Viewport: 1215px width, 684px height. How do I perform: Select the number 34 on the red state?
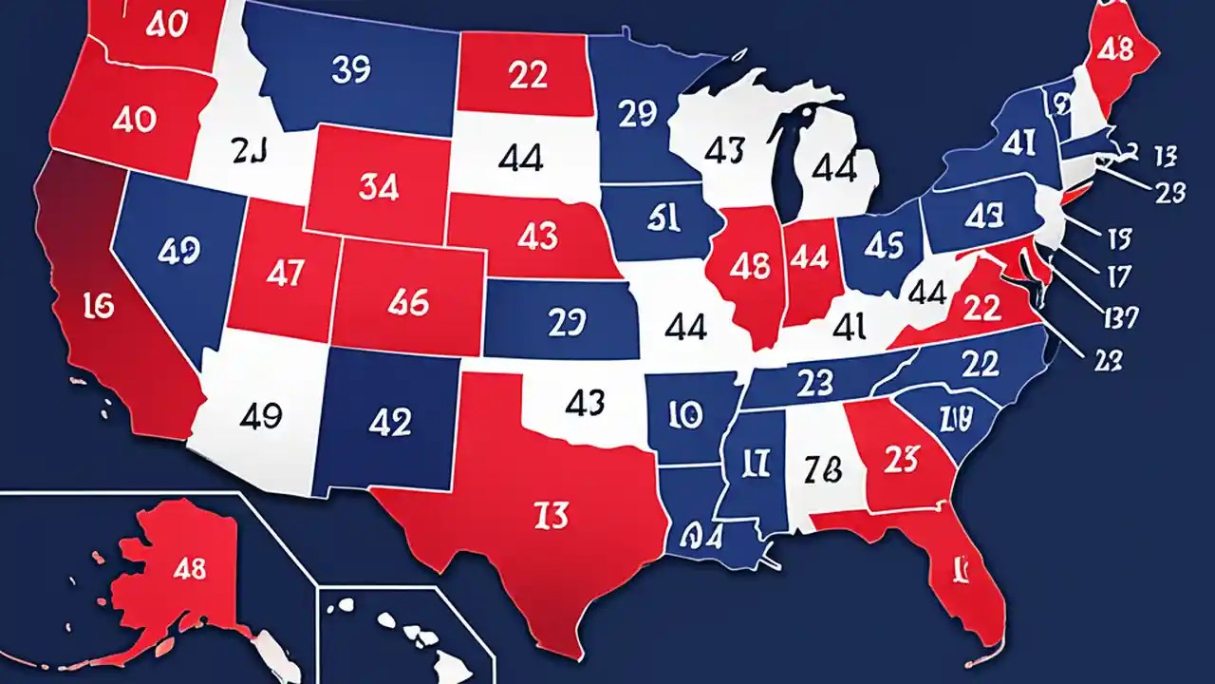[379, 187]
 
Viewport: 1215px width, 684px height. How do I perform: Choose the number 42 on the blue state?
[390, 421]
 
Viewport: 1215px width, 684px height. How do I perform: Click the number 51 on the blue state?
[661, 218]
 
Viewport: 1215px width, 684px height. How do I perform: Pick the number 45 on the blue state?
[883, 244]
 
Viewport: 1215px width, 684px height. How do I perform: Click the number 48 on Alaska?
[188, 570]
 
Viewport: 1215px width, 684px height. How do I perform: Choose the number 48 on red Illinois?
[749, 268]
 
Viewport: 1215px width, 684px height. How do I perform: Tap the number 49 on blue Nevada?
[178, 250]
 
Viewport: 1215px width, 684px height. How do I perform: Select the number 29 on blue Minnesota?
[637, 114]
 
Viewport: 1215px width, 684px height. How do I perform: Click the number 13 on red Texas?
[551, 515]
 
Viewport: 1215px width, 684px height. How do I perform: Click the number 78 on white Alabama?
[821, 466]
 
